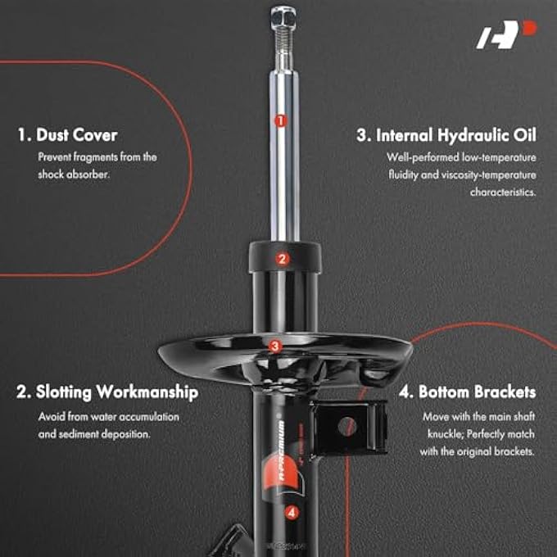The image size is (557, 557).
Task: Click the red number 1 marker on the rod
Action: click(x=280, y=120)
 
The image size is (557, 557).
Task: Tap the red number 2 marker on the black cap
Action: click(x=282, y=259)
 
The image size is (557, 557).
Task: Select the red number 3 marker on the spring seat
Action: click(x=275, y=346)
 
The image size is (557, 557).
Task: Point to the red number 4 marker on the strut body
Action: click(x=291, y=513)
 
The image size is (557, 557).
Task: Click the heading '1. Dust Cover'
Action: click(x=67, y=134)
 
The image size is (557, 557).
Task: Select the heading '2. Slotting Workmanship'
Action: click(x=107, y=392)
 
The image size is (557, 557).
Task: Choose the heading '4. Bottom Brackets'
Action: click(x=467, y=392)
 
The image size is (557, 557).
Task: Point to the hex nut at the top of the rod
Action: click(x=280, y=15)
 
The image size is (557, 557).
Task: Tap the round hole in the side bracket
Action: click(x=346, y=426)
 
